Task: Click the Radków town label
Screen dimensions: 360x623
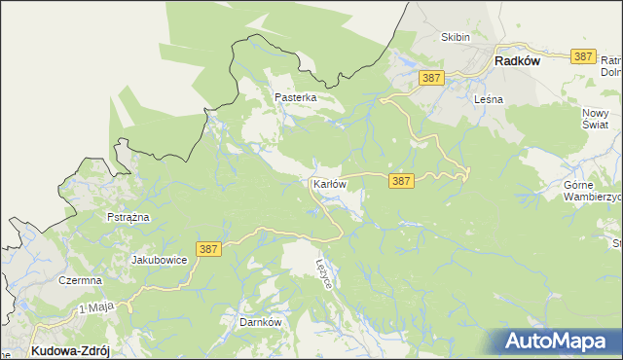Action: [x=517, y=60]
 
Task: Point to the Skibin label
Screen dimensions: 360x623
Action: [x=456, y=37]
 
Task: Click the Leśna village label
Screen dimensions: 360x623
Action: [x=487, y=99]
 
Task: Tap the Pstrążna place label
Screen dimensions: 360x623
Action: [x=128, y=217]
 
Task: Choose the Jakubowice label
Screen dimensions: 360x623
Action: [x=159, y=261]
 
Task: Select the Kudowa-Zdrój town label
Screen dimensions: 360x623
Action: [x=70, y=350]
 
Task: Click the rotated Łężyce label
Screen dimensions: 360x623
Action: [x=326, y=272]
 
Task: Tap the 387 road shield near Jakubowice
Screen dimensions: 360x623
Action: [x=208, y=250]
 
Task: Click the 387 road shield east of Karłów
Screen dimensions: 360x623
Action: [x=401, y=181]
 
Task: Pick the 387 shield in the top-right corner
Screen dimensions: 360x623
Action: [x=583, y=57]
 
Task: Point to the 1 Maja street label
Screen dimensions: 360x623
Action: [x=95, y=308]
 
